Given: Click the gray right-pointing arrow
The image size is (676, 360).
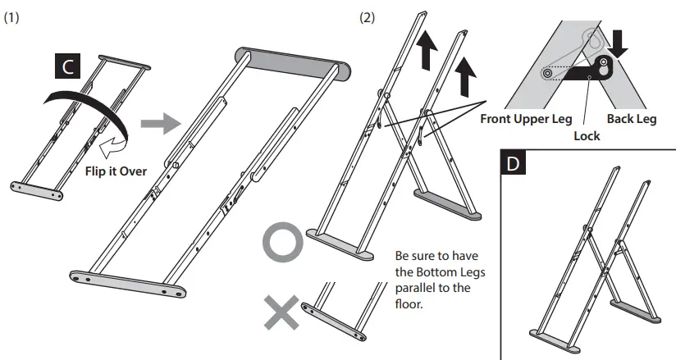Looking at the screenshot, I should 158,124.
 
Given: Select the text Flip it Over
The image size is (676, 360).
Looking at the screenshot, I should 115,172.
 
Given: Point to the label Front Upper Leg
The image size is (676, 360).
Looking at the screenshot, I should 526,119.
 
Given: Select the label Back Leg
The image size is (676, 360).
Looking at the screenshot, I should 631,119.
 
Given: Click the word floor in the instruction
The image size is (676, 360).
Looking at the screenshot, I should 409,303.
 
